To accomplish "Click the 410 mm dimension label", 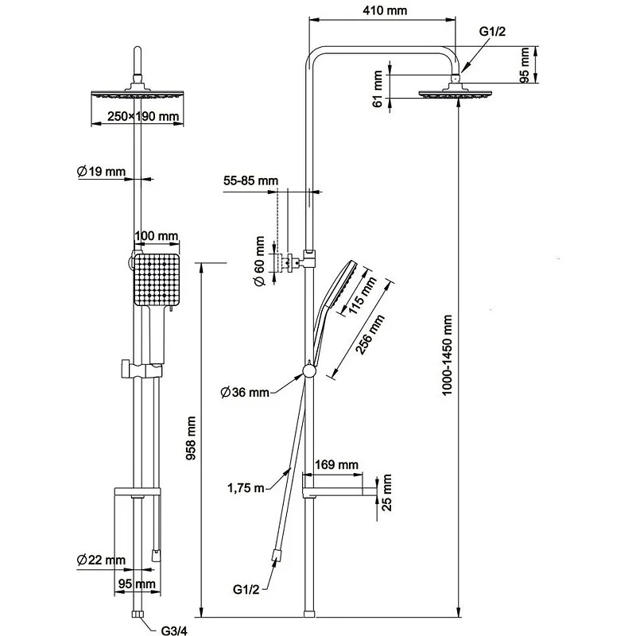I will pos(382,11).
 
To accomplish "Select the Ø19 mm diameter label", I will pos(101,171).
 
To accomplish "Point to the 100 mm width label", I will pos(157,236).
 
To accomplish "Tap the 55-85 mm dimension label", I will pos(250,180).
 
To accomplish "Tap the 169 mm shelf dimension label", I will pos(336,464).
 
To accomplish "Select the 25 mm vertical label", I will pos(387,494).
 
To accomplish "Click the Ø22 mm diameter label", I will pos(101,560).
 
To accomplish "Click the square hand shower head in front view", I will pos(157,280).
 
